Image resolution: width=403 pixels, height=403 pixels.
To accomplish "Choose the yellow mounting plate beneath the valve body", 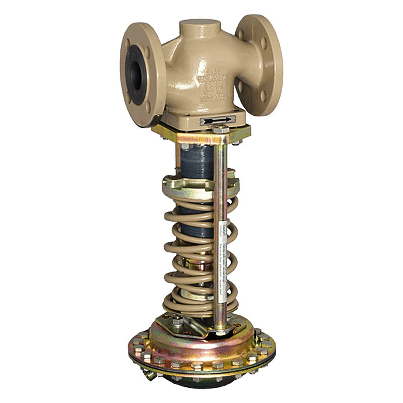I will [201, 132].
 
